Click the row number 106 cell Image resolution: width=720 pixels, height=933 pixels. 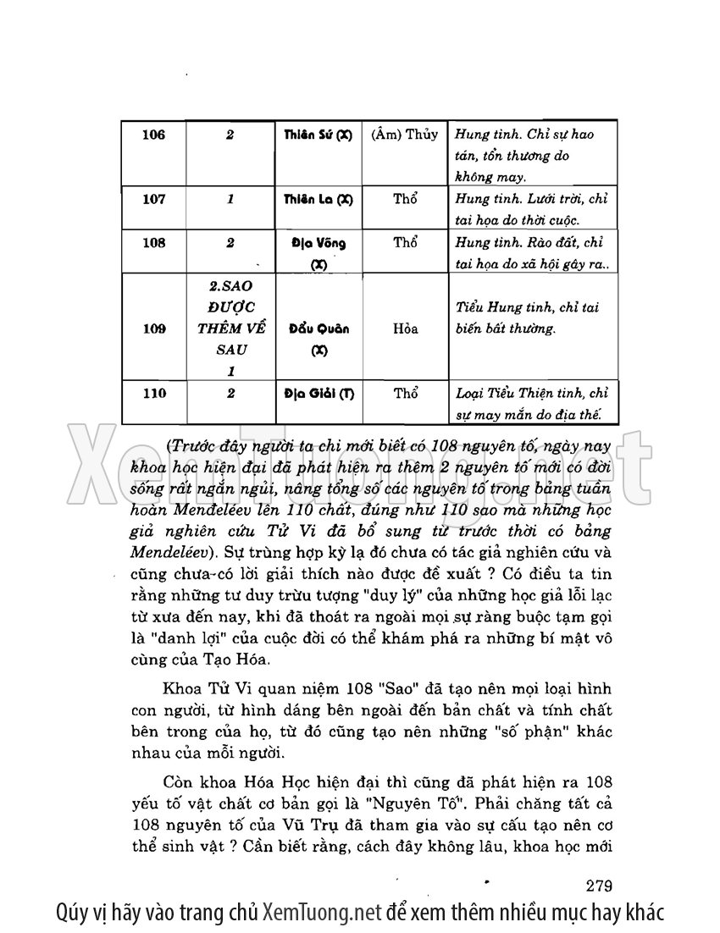[154, 135]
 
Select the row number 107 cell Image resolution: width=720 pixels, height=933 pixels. [154, 200]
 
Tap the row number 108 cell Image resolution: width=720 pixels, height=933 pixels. [154, 243]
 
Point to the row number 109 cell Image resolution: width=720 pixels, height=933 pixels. [154, 328]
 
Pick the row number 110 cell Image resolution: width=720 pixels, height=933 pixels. [154, 394]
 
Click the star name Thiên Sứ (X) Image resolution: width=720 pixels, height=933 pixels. [318, 135]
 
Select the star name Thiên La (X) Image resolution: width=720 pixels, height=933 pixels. [318, 201]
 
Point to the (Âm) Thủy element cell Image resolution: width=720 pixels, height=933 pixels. [405, 135]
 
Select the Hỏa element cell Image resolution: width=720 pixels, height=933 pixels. [405, 328]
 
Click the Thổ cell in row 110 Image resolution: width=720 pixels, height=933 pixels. [405, 394]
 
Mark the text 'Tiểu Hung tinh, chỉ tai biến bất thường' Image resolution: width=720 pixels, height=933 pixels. [527, 318]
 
